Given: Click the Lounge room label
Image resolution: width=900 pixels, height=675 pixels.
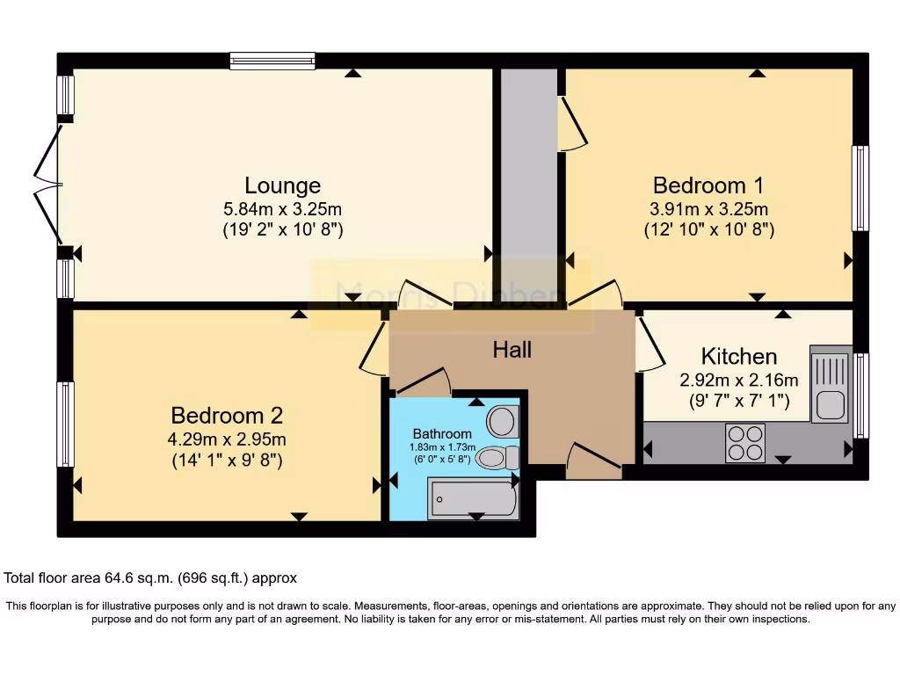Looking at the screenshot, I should tap(282, 185).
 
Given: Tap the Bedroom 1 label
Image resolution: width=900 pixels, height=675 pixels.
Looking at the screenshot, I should tap(708, 185).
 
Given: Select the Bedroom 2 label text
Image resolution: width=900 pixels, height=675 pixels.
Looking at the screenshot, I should tap(227, 415).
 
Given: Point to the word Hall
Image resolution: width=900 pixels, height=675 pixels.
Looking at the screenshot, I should tap(512, 350).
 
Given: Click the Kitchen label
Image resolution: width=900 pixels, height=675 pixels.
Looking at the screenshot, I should tap(738, 356).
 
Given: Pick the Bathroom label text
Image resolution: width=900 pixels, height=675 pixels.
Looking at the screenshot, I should tap(442, 434).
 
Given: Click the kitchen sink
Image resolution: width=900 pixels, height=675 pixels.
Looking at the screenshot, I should tap(829, 387).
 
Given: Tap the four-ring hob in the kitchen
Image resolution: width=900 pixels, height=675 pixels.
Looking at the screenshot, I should tap(744, 442).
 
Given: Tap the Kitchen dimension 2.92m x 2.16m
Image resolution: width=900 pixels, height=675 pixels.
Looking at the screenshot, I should tap(738, 381).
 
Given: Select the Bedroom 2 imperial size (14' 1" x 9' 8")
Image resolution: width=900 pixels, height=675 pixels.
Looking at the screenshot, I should tap(227, 460).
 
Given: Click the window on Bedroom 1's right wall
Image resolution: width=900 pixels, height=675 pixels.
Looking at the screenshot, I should tap(861, 188).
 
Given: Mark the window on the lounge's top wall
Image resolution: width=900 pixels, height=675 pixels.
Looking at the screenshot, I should tap(272, 61).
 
